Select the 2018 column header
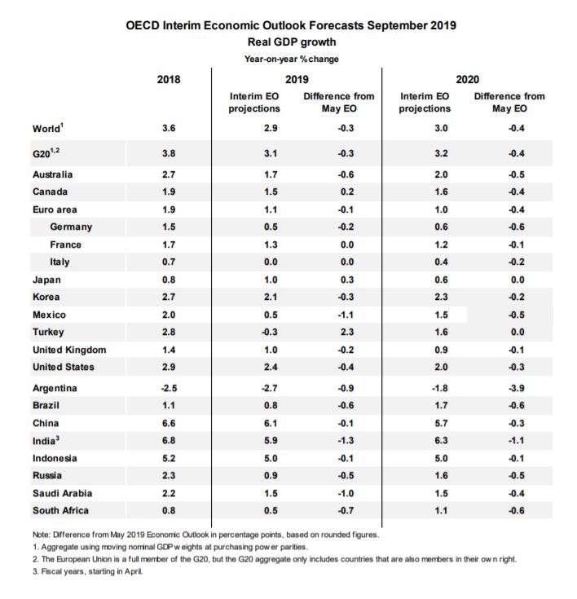click(x=168, y=79)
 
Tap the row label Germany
click(x=71, y=227)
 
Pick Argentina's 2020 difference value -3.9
click(x=515, y=388)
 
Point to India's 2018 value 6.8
click(x=168, y=441)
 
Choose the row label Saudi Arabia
click(x=62, y=493)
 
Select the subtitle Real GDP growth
click(x=291, y=42)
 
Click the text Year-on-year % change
click(x=291, y=59)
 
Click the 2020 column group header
click(x=467, y=79)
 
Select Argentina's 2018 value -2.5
click(x=168, y=388)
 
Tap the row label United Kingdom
click(x=69, y=350)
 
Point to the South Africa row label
click(x=61, y=511)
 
